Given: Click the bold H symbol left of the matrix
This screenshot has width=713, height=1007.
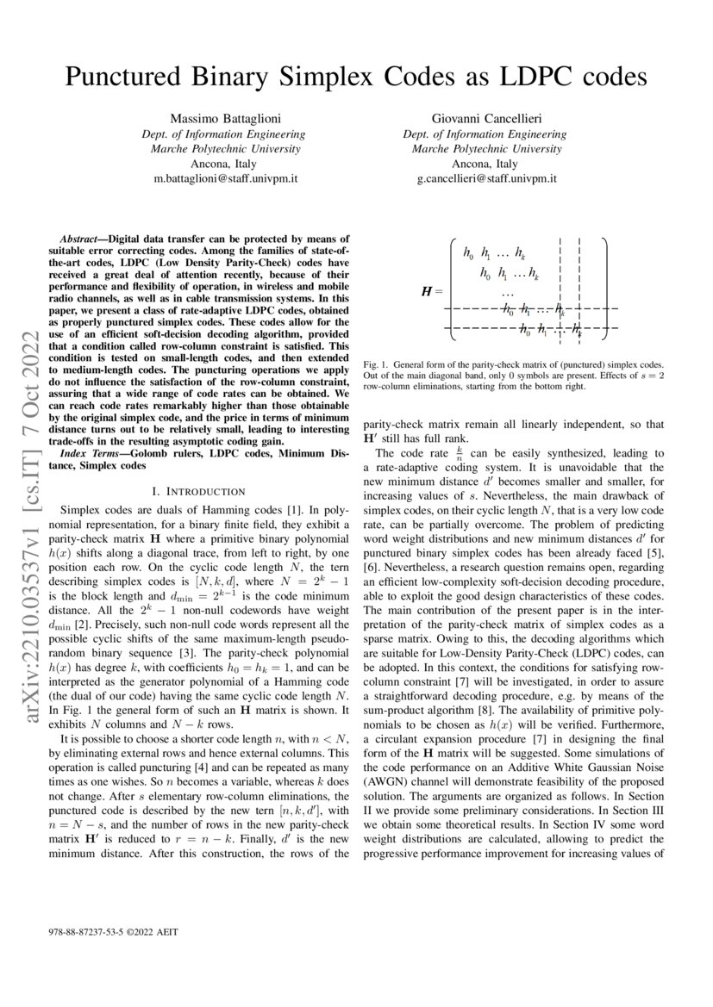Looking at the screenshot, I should [426, 292].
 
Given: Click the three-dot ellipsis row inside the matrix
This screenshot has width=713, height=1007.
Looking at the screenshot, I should [508, 294].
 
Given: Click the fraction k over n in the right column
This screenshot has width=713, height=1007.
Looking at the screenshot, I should [460, 452].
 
